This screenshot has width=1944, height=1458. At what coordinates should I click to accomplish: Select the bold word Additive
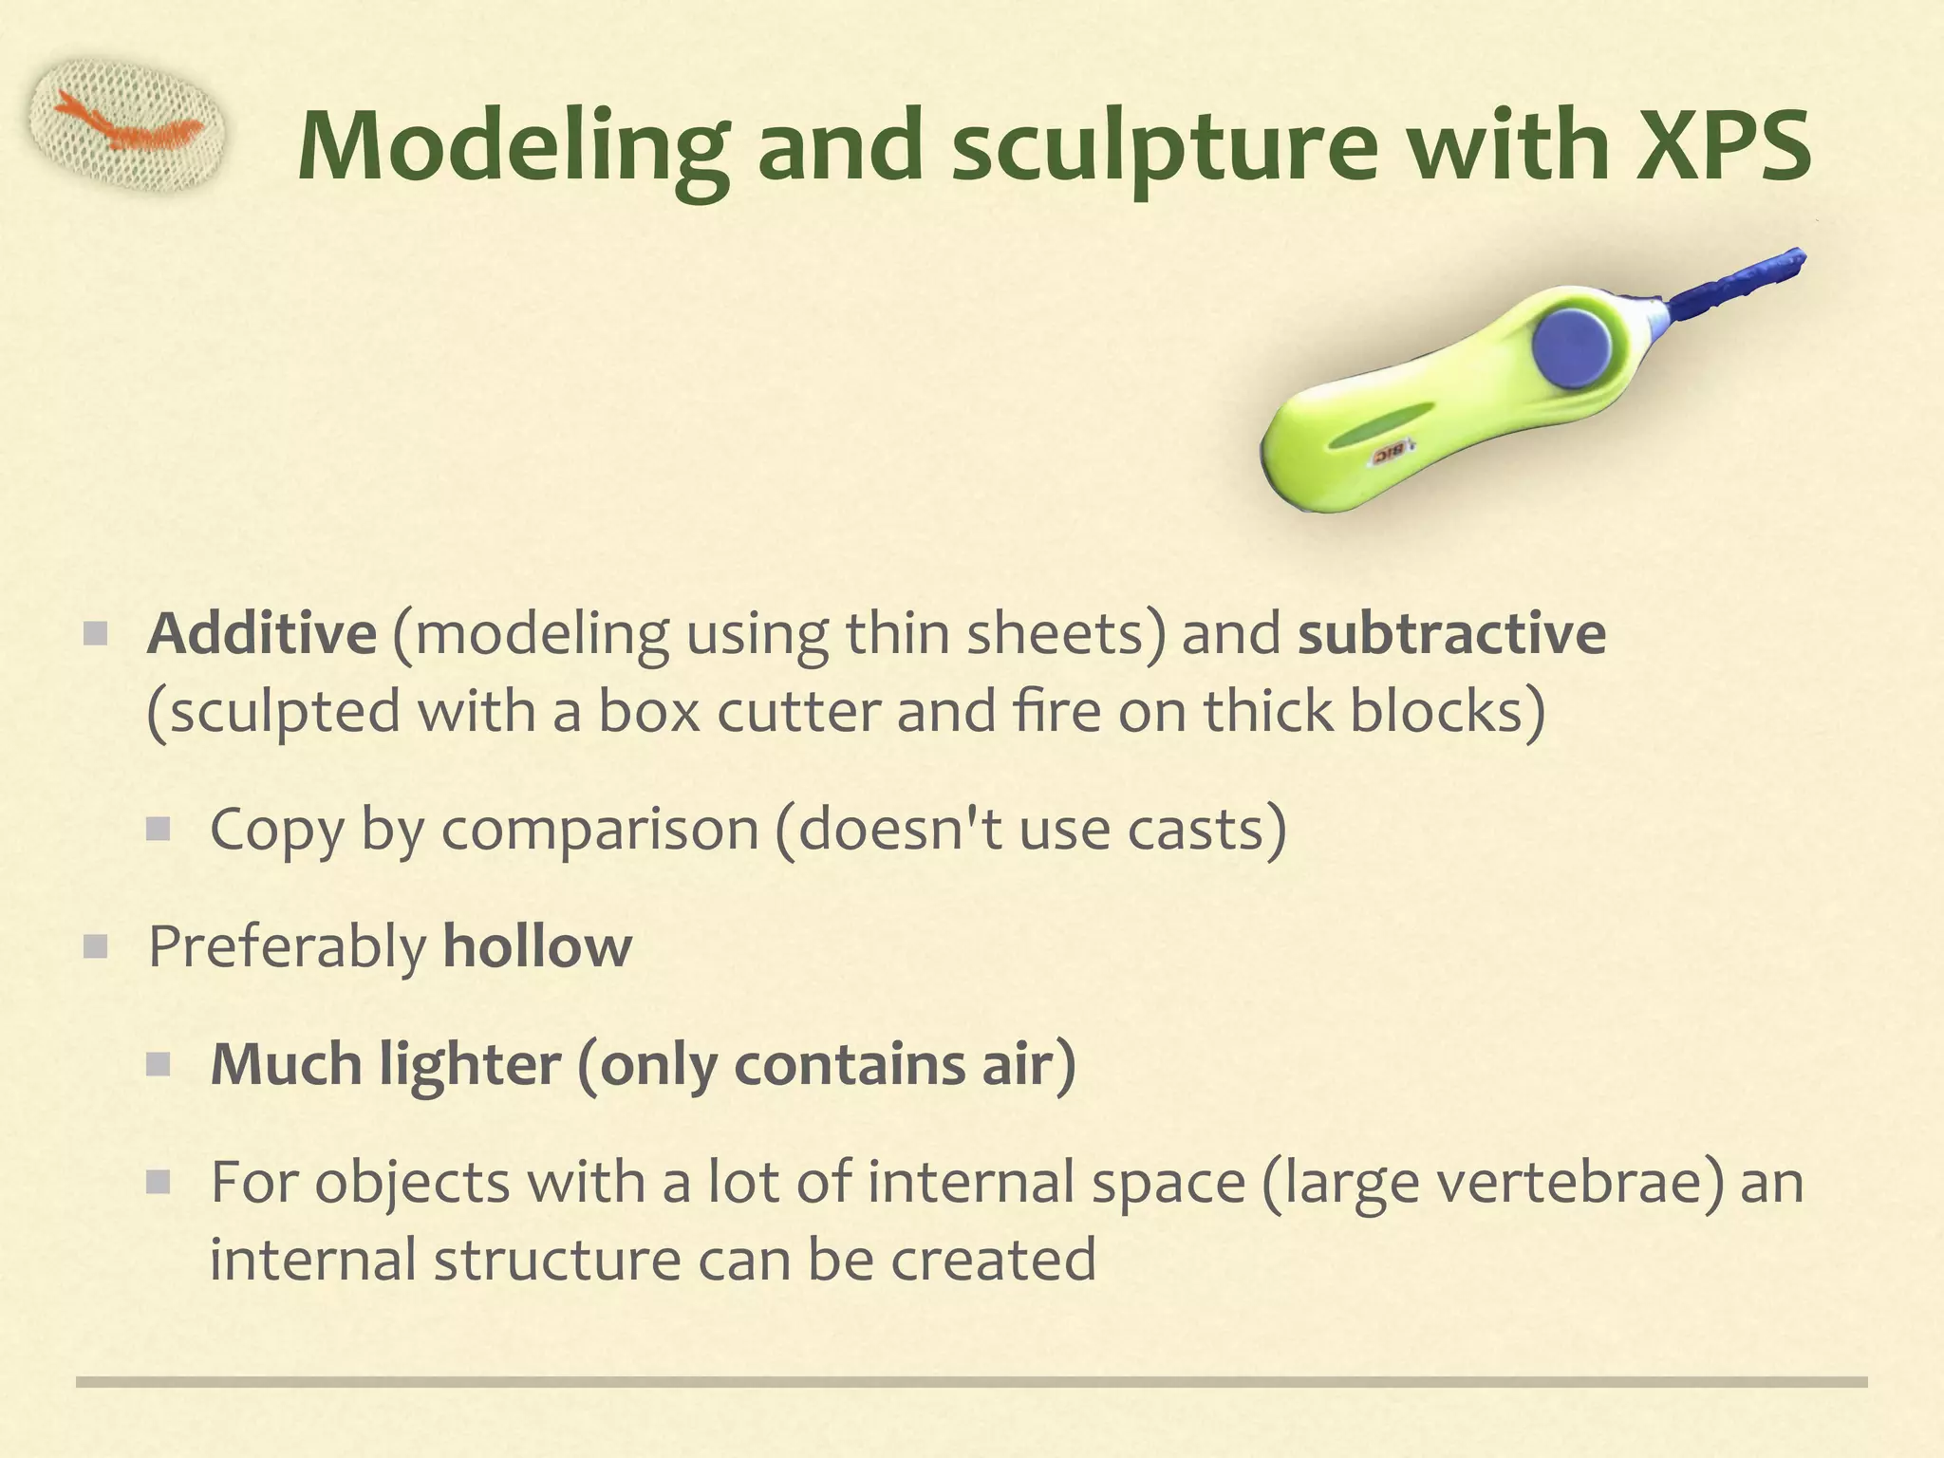[262, 633]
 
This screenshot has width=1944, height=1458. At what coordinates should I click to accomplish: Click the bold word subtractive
[1451, 633]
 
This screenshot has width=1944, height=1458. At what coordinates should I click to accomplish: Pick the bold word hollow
[537, 946]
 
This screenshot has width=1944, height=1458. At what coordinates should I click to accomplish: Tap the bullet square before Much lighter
[158, 1063]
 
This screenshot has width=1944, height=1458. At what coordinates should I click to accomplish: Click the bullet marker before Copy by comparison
[158, 830]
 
